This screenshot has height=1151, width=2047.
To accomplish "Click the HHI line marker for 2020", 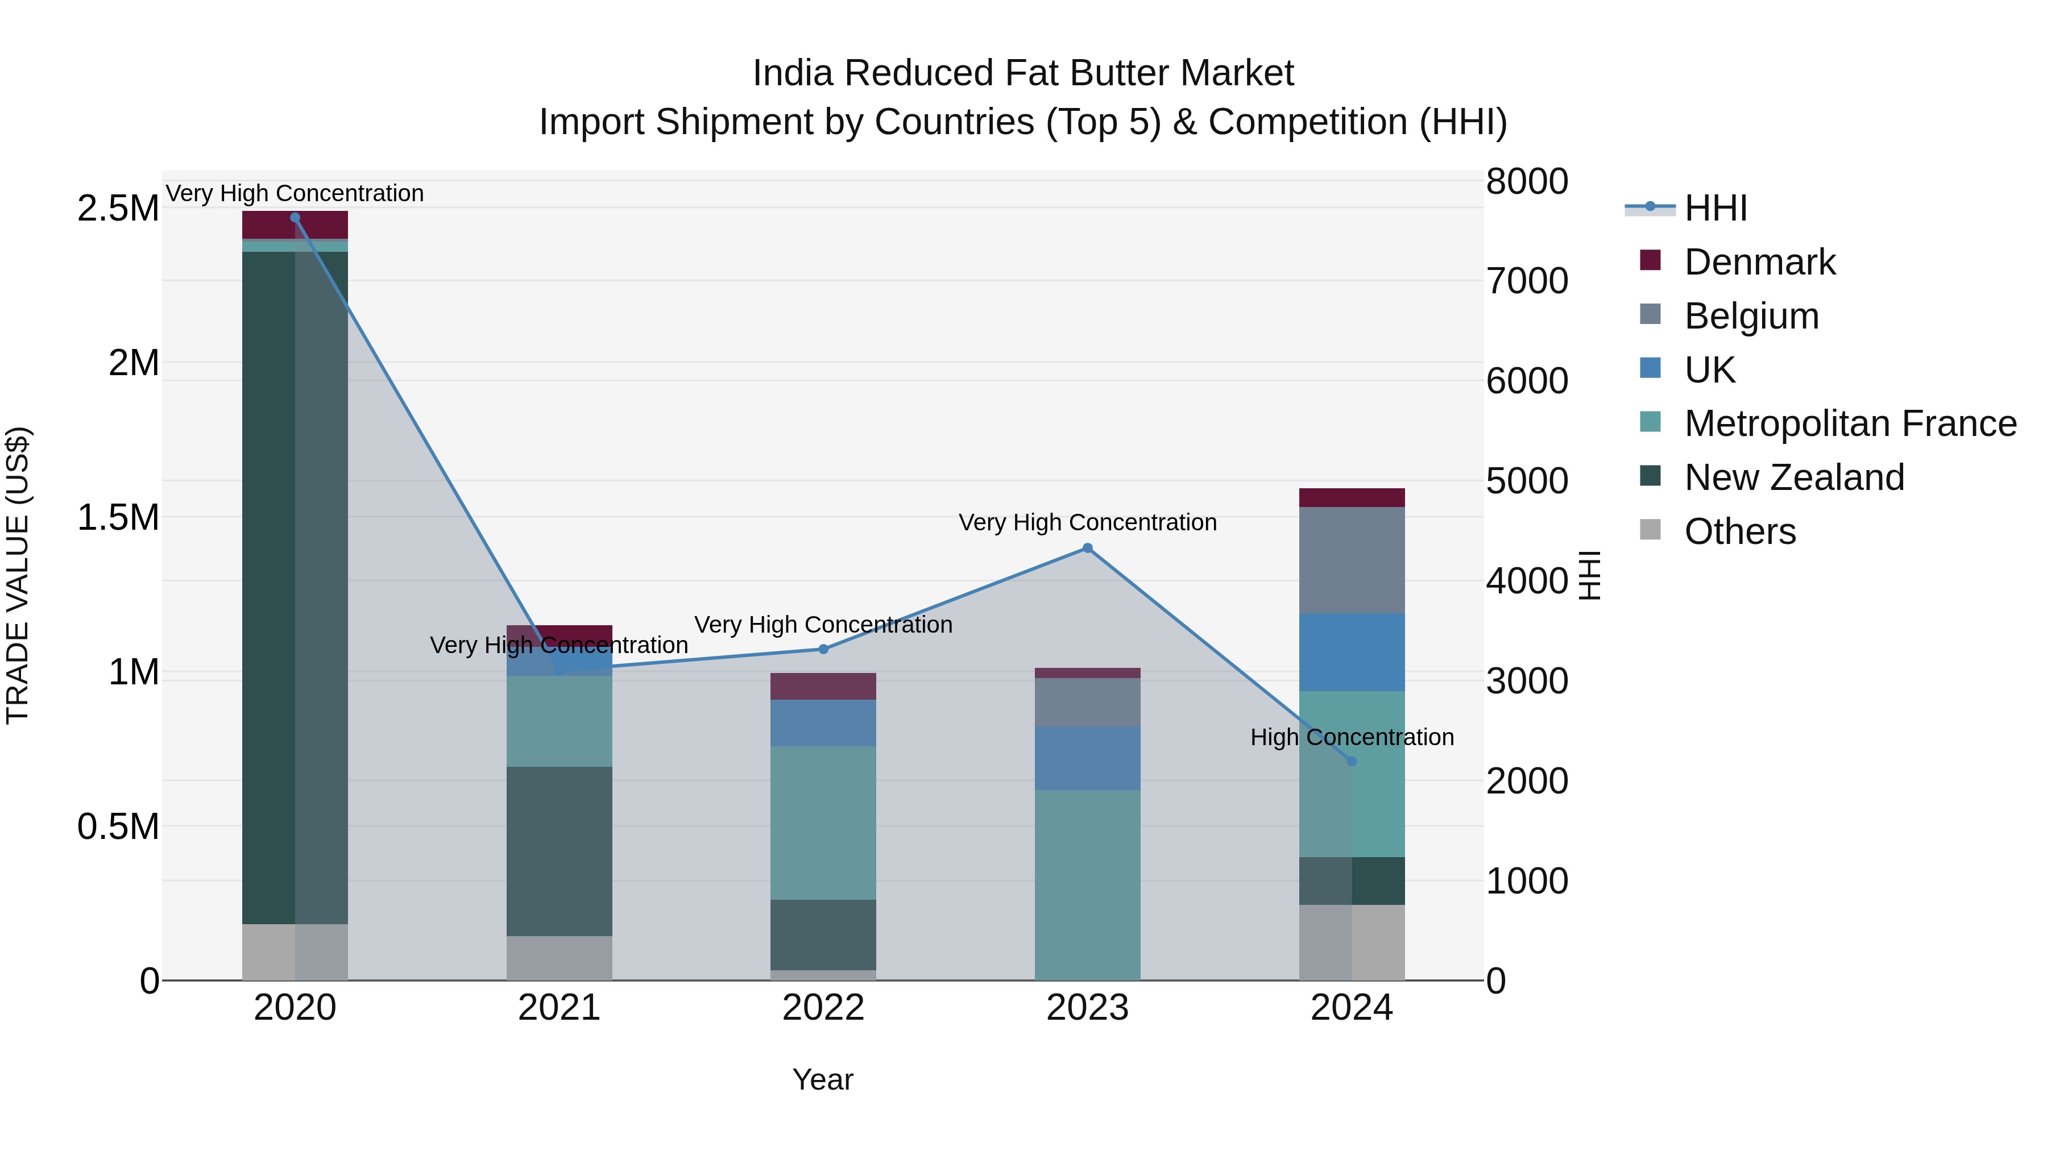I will (x=295, y=218).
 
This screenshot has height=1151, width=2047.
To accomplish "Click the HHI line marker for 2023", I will (x=1087, y=548).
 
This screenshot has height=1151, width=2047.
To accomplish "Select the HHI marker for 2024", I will (x=1352, y=761).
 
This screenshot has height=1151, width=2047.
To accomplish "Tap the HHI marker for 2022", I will (x=823, y=649).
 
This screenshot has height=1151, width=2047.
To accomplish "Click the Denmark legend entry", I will (x=1759, y=262).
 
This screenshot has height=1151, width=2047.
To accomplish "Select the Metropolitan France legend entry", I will (x=1849, y=423).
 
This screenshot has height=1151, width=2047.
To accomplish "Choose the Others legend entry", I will (x=1739, y=531).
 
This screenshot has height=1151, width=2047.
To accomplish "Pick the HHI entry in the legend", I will (x=1715, y=208).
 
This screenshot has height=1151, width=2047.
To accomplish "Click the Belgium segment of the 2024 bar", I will (x=1352, y=560).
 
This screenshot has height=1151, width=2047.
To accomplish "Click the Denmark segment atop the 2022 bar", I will (x=823, y=686).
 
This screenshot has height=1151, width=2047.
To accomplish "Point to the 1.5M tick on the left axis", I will (x=118, y=518).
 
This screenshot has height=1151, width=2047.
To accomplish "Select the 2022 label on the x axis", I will (x=823, y=1008).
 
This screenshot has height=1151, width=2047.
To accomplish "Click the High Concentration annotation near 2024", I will (x=1352, y=737).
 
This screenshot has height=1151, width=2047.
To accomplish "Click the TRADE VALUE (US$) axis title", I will (x=18, y=575).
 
